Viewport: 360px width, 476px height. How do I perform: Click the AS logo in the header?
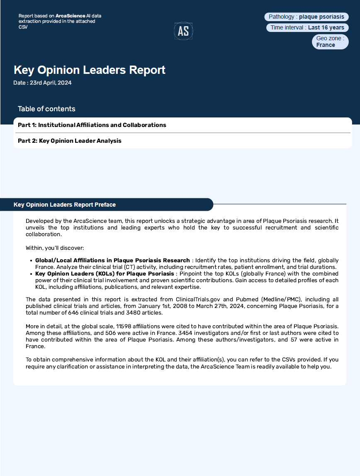[x=183, y=31]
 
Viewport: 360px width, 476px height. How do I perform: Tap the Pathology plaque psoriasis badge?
[x=306, y=17]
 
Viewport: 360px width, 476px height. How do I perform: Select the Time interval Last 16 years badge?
[x=307, y=28]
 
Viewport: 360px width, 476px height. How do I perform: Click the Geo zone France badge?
[x=330, y=41]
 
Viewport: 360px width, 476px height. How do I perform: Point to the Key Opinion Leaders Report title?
[x=90, y=70]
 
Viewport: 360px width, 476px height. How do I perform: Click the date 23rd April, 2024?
[x=42, y=83]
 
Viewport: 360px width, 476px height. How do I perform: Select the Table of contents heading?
[x=46, y=109]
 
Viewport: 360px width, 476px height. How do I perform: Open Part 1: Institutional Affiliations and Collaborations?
[x=92, y=125]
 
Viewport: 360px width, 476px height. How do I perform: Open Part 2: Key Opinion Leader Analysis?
[x=70, y=141]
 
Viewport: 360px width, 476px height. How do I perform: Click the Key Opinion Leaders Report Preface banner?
[x=65, y=205]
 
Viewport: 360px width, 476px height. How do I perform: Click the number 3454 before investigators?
[x=186, y=333]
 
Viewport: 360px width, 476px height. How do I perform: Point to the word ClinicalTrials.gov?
[x=200, y=299]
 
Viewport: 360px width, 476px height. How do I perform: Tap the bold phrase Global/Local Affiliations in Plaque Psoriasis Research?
[x=112, y=260]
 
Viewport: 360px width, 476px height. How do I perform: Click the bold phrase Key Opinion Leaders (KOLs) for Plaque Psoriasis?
[x=105, y=274]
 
